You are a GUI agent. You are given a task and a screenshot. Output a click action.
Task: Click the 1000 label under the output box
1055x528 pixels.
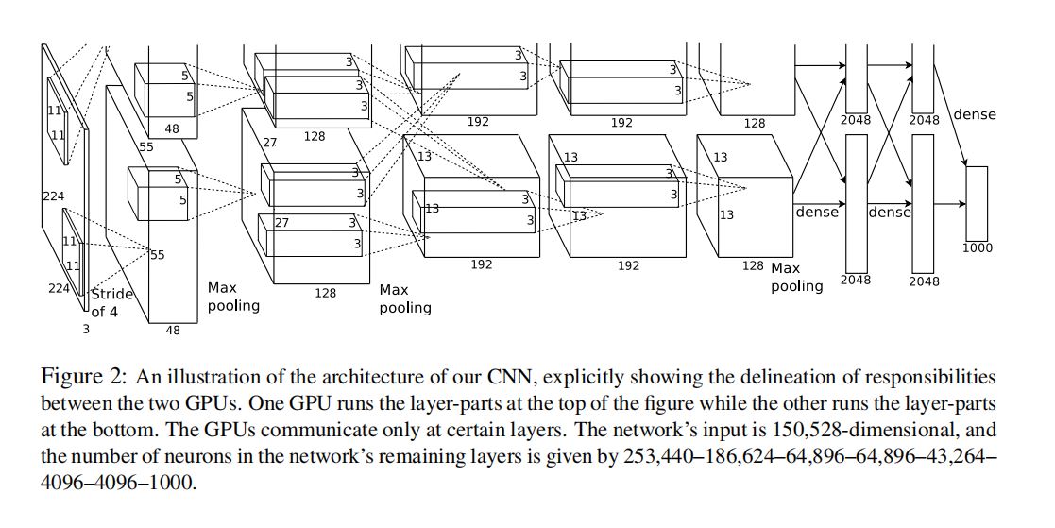click(977, 248)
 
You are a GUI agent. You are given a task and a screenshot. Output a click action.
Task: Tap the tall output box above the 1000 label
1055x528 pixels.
click(977, 203)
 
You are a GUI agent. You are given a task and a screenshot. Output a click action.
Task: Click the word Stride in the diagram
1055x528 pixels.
click(111, 294)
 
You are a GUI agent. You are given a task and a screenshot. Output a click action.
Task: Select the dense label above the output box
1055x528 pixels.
click(975, 113)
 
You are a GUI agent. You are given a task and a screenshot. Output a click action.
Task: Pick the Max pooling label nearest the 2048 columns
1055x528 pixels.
click(796, 277)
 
